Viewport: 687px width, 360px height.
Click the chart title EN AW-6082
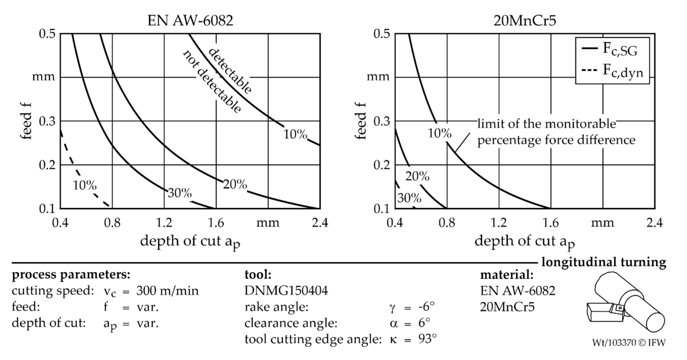click(x=190, y=21)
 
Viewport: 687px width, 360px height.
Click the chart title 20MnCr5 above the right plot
click(x=525, y=21)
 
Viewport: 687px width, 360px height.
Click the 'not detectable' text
click(x=212, y=81)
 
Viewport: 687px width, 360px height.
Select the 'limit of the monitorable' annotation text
click(x=547, y=124)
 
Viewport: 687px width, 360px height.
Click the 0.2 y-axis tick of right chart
click(x=382, y=165)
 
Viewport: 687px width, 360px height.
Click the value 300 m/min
click(x=167, y=291)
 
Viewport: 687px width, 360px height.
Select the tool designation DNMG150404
click(x=286, y=291)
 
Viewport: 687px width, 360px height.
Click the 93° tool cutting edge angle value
click(x=427, y=339)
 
